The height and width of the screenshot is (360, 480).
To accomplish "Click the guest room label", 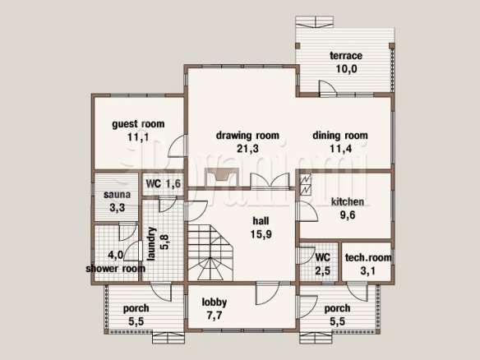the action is point(138,124).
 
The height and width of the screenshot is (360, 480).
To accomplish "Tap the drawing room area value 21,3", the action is point(247,149).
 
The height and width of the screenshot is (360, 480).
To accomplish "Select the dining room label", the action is point(340,136).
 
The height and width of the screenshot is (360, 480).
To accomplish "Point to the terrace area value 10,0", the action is point(346,69).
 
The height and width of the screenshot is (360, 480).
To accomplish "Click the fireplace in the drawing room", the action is point(222,178).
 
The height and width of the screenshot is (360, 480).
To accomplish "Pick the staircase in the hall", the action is point(210,252).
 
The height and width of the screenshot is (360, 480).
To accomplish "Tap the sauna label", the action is point(117,195).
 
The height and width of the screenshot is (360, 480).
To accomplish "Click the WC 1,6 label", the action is point(164,183).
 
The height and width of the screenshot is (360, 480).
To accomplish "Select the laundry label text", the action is point(151,244).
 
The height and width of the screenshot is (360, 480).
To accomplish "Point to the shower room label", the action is point(115,269).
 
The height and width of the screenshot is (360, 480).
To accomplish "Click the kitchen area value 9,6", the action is point(348,215).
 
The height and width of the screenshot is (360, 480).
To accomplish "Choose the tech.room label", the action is point(368,257).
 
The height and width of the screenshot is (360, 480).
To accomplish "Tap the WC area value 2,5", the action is point(323,270).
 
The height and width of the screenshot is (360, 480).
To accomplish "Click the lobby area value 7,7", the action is point(215,316).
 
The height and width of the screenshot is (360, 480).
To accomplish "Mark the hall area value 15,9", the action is point(261,234).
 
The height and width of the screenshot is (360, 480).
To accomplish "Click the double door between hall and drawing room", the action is point(270,181).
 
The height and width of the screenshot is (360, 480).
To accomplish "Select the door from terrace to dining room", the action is point(328,89).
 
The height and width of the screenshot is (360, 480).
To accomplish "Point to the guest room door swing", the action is point(178,145).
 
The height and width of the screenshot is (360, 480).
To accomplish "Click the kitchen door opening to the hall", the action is point(307,211).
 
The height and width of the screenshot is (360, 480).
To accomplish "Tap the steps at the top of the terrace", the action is point(315,22).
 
